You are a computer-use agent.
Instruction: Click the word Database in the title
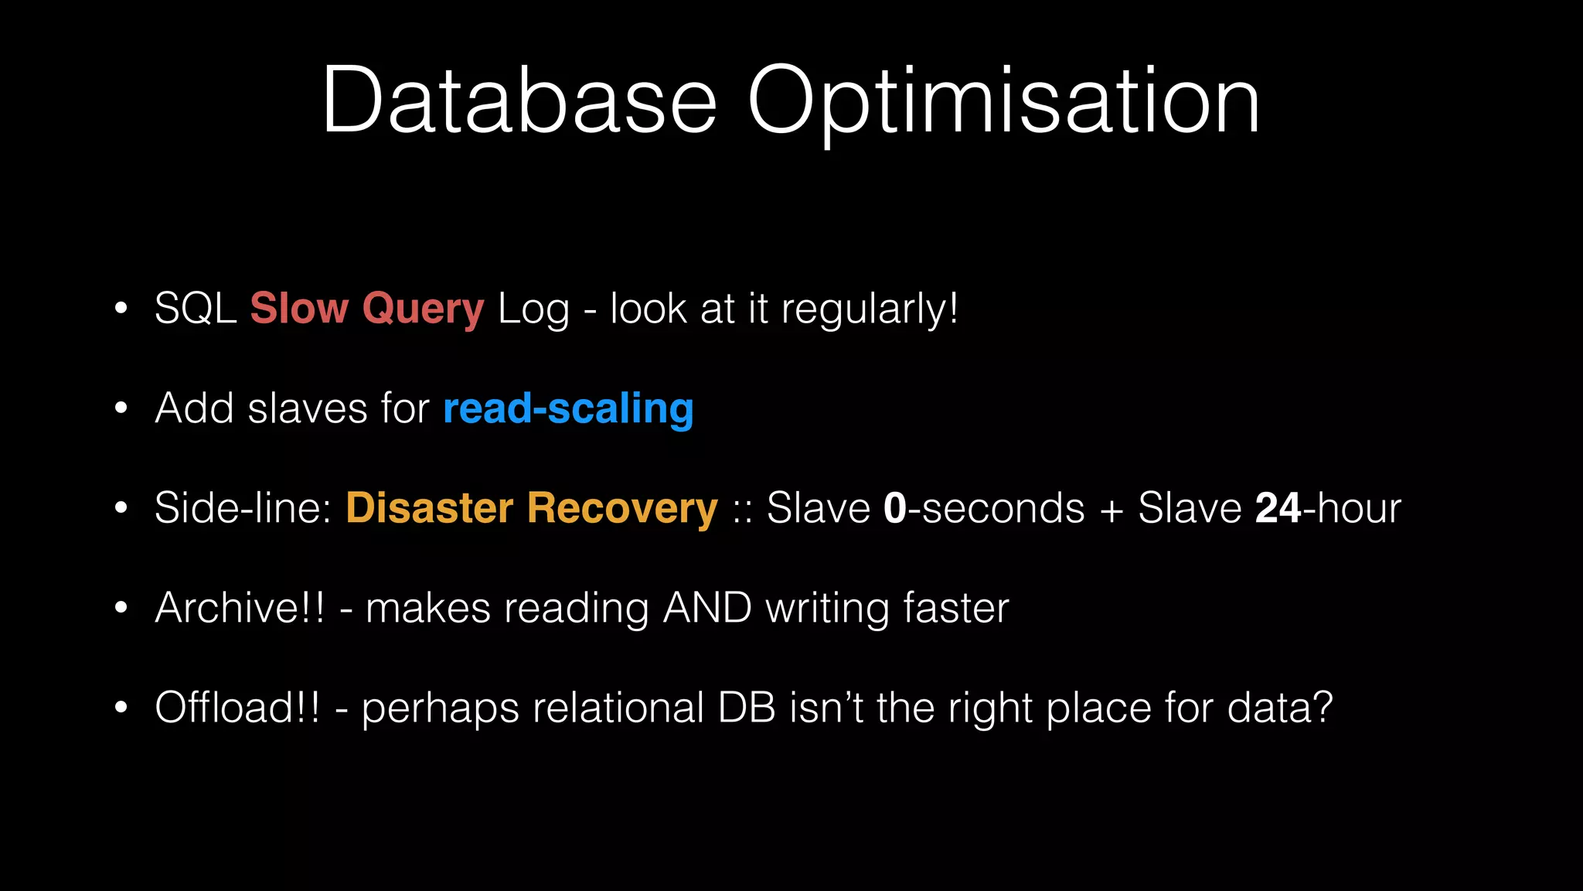click(x=519, y=101)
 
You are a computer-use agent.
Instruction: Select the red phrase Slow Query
click(x=367, y=309)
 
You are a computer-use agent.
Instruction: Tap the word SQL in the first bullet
click(x=195, y=309)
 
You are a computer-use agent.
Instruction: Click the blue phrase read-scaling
click(x=568, y=409)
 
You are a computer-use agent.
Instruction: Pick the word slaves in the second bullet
click(x=308, y=408)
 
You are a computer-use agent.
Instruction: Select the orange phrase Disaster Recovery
click(x=532, y=509)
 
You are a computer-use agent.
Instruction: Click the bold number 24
click(x=1278, y=508)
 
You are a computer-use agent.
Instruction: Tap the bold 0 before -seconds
click(x=894, y=508)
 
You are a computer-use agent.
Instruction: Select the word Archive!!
click(x=240, y=608)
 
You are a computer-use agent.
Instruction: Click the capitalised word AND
click(x=707, y=608)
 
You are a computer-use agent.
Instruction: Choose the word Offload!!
click(x=237, y=707)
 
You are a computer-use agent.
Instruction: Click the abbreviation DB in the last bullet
click(x=747, y=707)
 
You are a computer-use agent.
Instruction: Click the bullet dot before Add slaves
click(x=121, y=408)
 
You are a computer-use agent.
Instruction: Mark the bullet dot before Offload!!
click(x=121, y=707)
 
